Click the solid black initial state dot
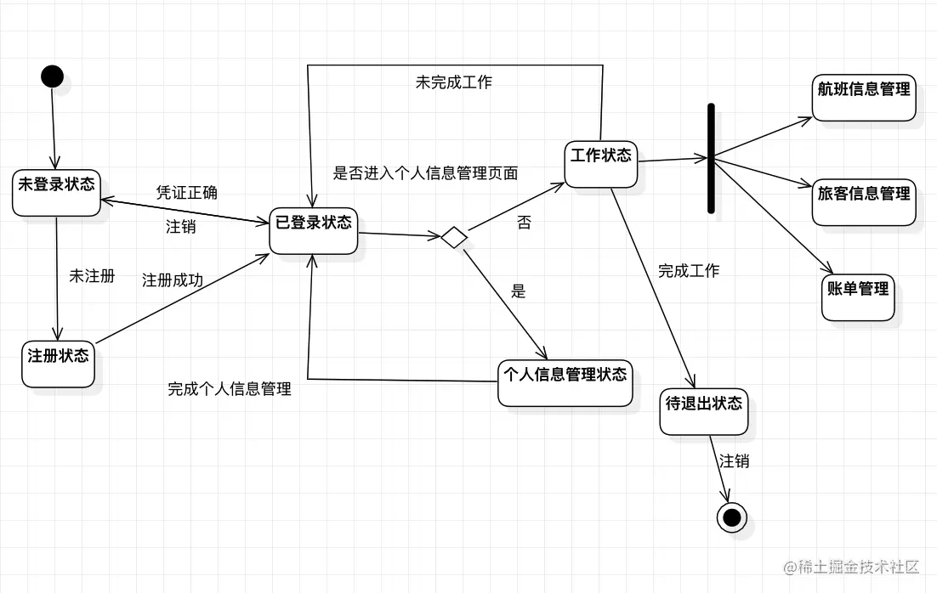pyautogui.click(x=52, y=76)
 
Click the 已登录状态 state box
pyautogui.click(x=313, y=230)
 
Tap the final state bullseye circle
pyautogui.click(x=731, y=516)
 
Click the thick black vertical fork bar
pyautogui.click(x=711, y=158)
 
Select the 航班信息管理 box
pyautogui.click(x=864, y=97)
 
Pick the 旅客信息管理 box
pyautogui.click(x=864, y=202)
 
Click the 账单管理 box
pyautogui.click(x=858, y=296)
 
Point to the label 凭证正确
pyautogui.click(x=187, y=193)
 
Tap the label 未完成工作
pyautogui.click(x=453, y=82)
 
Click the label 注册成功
pyautogui.click(x=173, y=280)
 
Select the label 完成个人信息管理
pyautogui.click(x=230, y=390)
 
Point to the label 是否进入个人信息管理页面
pyautogui.click(x=425, y=173)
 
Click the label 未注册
pyautogui.click(x=92, y=277)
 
